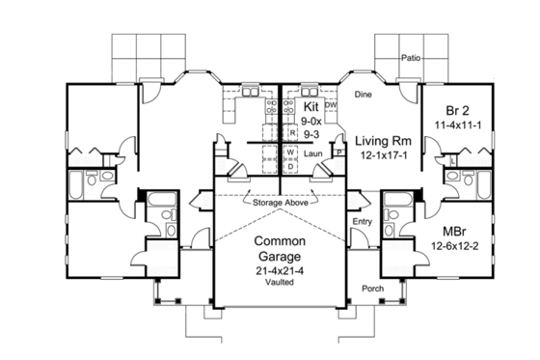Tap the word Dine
pos(364,95)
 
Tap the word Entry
pos(363,223)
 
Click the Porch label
pos(373,289)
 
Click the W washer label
pos(289,152)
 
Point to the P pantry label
pos(339,152)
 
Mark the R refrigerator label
pos(290,133)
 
